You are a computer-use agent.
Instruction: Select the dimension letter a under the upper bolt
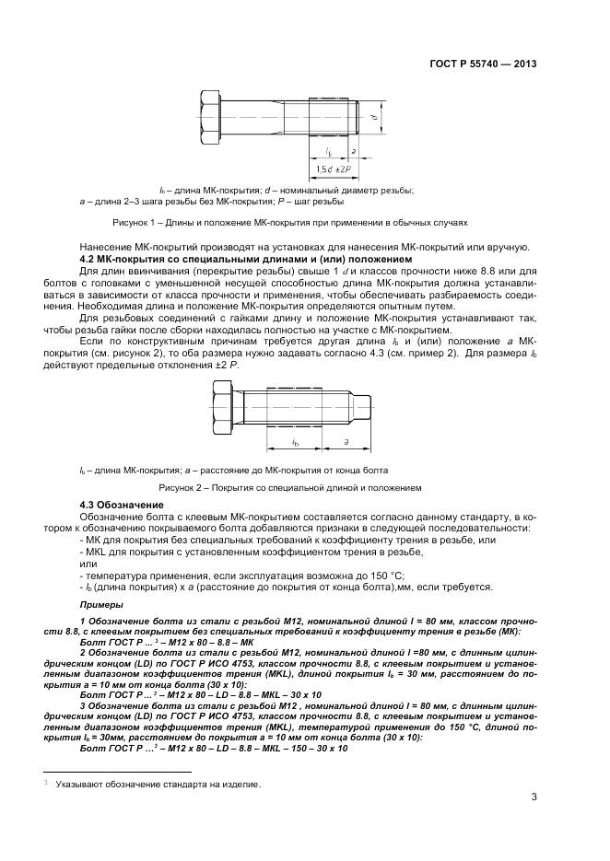[353, 149]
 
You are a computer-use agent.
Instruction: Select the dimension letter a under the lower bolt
[344, 442]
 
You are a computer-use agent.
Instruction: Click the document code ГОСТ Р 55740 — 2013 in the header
[484, 64]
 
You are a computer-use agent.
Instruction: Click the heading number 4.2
[89, 260]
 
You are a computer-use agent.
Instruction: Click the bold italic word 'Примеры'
[101, 604]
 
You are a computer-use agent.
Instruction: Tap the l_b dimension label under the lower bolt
[295, 443]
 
